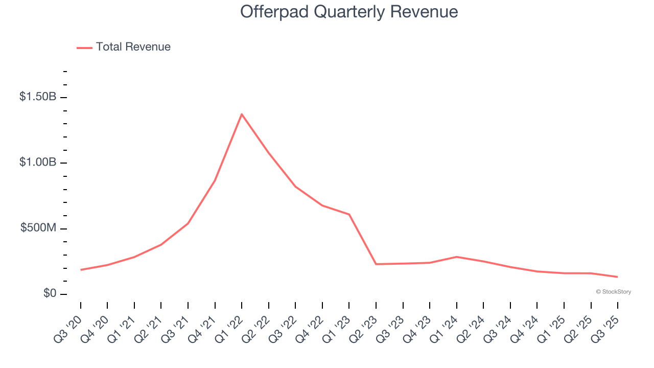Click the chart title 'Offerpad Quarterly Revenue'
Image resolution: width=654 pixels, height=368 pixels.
click(x=349, y=12)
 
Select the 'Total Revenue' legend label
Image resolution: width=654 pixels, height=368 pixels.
click(x=133, y=47)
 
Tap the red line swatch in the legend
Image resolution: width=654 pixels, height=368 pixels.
click(x=84, y=48)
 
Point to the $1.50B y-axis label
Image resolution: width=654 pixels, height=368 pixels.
click(x=38, y=97)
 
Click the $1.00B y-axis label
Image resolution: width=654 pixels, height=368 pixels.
click(x=38, y=162)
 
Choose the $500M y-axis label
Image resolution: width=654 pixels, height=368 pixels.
click(x=38, y=228)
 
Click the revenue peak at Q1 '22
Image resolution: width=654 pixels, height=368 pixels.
click(x=242, y=114)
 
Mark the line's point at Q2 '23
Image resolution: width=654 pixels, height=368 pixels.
click(x=376, y=264)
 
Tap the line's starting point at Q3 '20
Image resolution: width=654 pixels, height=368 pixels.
click(x=81, y=270)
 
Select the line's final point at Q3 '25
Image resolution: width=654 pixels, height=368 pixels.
click(x=617, y=277)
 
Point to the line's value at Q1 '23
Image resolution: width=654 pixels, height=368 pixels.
click(x=349, y=214)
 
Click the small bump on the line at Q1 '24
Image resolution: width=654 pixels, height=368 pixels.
click(x=456, y=257)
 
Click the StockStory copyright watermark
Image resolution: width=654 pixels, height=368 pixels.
click(x=613, y=292)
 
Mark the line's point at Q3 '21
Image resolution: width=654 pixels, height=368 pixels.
click(x=188, y=223)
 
